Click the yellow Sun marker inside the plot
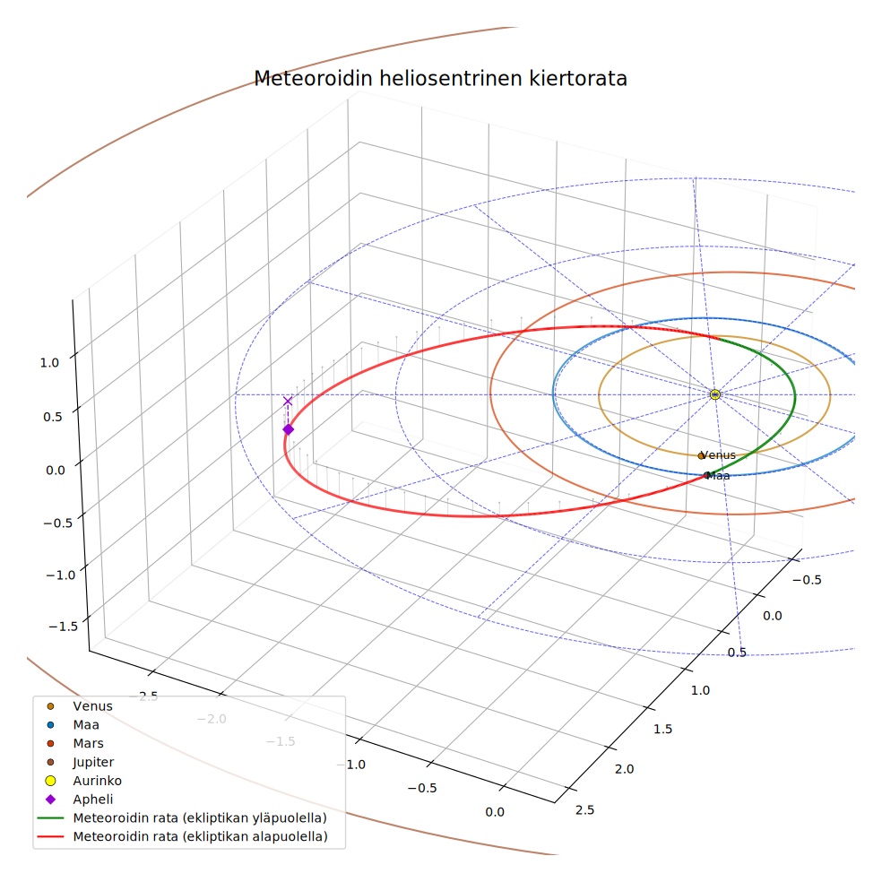715,394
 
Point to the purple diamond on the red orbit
288,429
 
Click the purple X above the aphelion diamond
288,401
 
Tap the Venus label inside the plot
719,455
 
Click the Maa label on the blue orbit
718,476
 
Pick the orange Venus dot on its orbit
701,455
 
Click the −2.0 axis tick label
212,719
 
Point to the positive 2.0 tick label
625,769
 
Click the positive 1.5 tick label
663,729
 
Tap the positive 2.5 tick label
585,810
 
